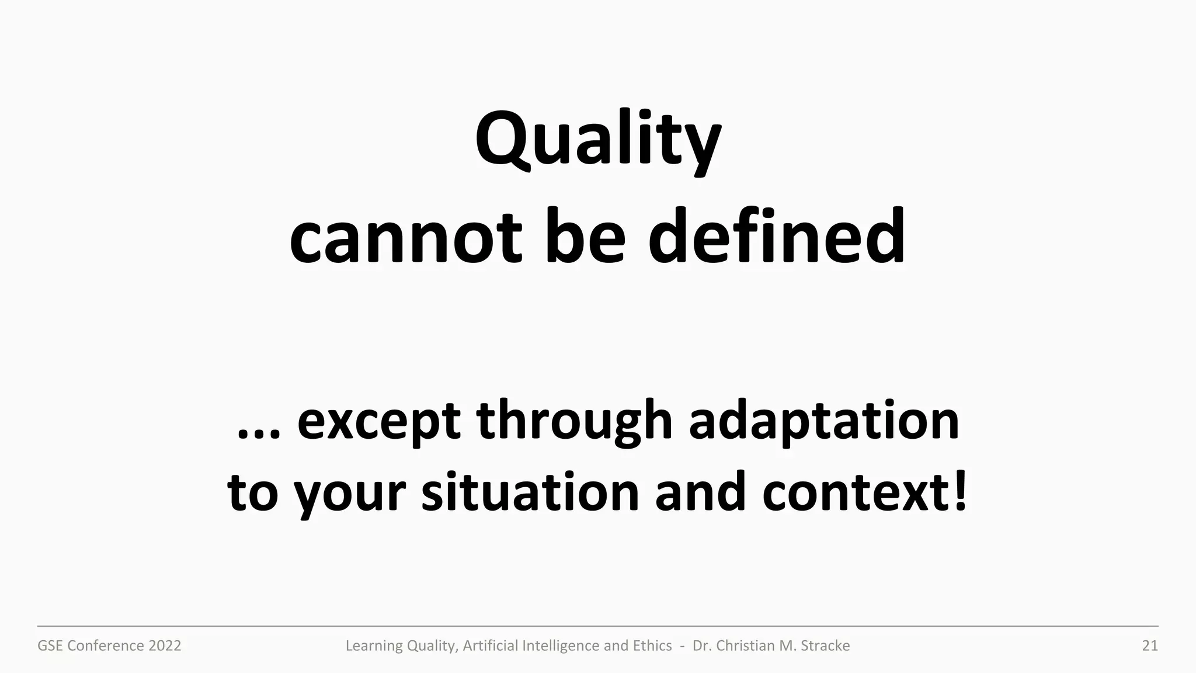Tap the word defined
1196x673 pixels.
tap(777, 237)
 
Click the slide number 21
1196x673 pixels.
tap(1149, 646)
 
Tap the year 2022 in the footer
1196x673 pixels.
tap(165, 646)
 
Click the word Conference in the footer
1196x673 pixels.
tap(106, 646)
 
